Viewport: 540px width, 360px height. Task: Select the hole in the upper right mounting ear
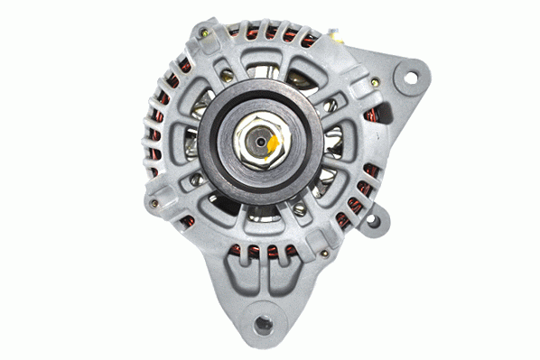[410, 78]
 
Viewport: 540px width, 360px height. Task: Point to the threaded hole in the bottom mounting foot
[263, 319]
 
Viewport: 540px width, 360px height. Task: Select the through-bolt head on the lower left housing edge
[154, 204]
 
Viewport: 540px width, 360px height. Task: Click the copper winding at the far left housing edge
[154, 135]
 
